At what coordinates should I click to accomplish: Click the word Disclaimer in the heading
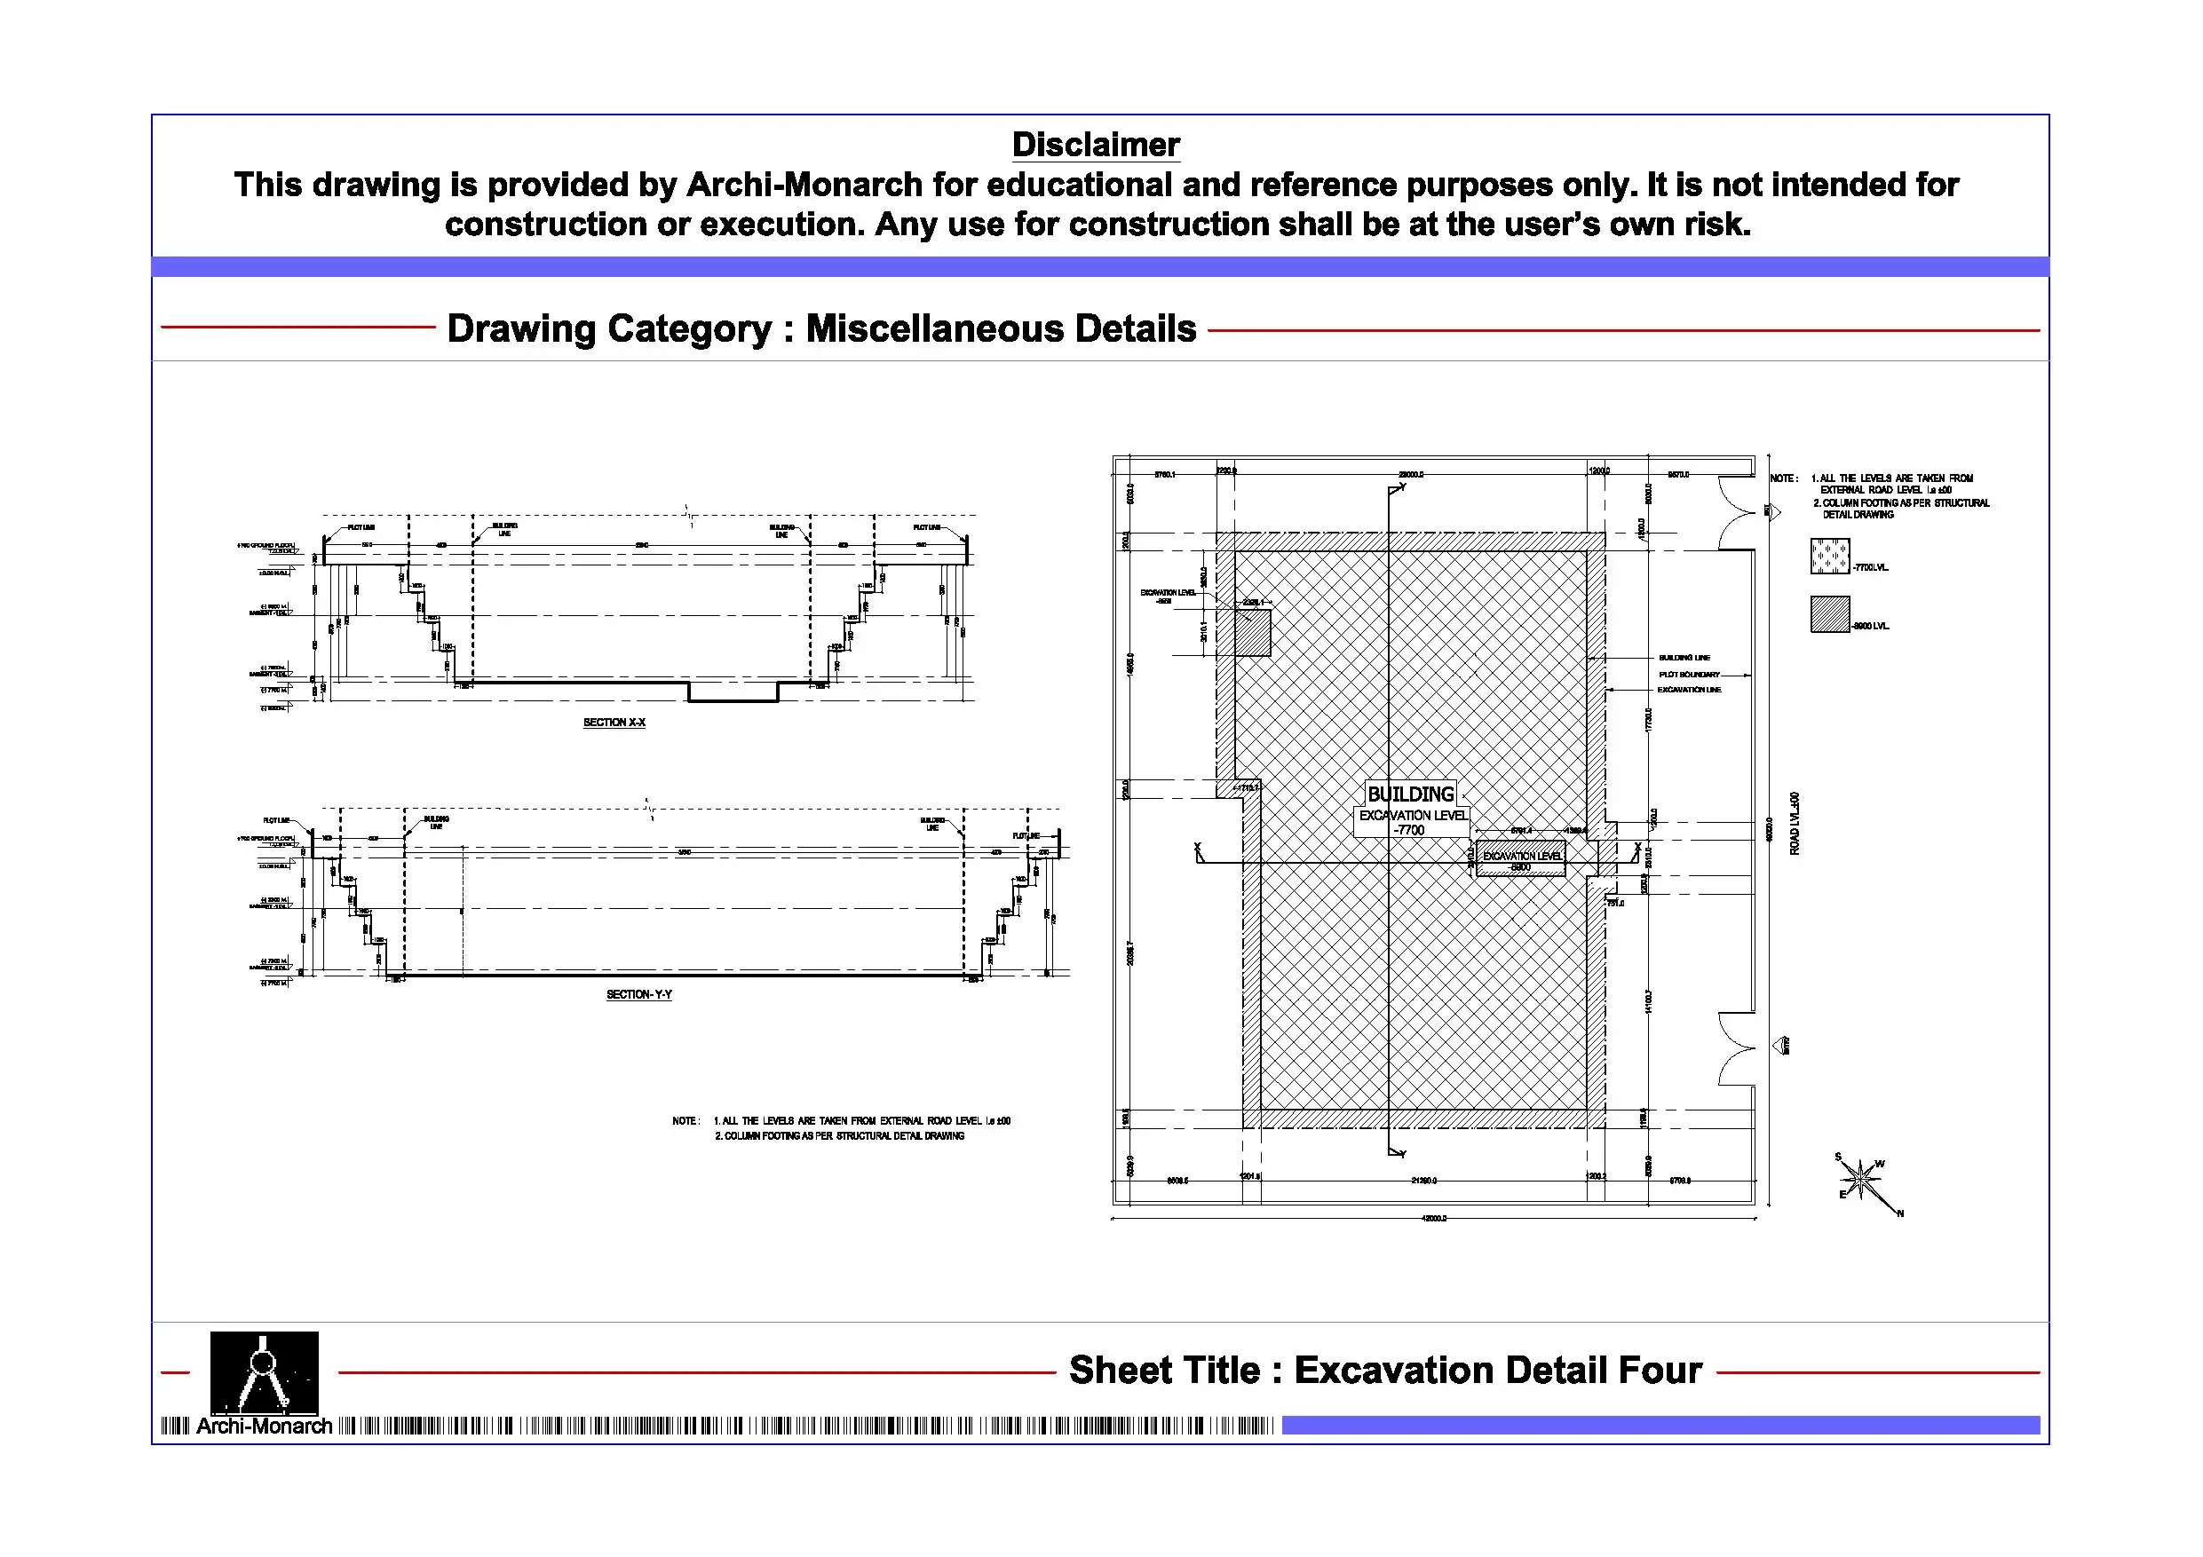pyautogui.click(x=1095, y=145)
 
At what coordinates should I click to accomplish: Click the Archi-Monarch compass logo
pyautogui.click(x=264, y=1371)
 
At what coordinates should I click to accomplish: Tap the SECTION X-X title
pyautogui.click(x=614, y=723)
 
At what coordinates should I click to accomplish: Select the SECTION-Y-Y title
pyautogui.click(x=639, y=995)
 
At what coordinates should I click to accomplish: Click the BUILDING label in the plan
pyautogui.click(x=1409, y=794)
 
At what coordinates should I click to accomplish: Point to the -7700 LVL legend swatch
pyautogui.click(x=1829, y=557)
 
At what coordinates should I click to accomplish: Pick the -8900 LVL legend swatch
pyautogui.click(x=1829, y=615)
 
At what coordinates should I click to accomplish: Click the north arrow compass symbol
pyautogui.click(x=1862, y=1180)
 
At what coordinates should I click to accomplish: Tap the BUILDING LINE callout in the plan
pyautogui.click(x=1684, y=658)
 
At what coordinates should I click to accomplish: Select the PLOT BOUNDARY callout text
pyautogui.click(x=1689, y=675)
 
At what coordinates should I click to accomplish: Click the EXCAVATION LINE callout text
pyautogui.click(x=1689, y=690)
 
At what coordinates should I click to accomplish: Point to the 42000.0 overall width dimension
pyautogui.click(x=1433, y=1219)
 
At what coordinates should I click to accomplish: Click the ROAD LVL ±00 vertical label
pyautogui.click(x=1795, y=823)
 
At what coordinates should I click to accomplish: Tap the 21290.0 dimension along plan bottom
pyautogui.click(x=1424, y=1181)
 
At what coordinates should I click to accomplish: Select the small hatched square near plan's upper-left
pyautogui.click(x=1252, y=633)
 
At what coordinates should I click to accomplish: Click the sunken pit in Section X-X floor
pyautogui.click(x=733, y=692)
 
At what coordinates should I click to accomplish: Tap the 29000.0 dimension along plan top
pyautogui.click(x=1410, y=475)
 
